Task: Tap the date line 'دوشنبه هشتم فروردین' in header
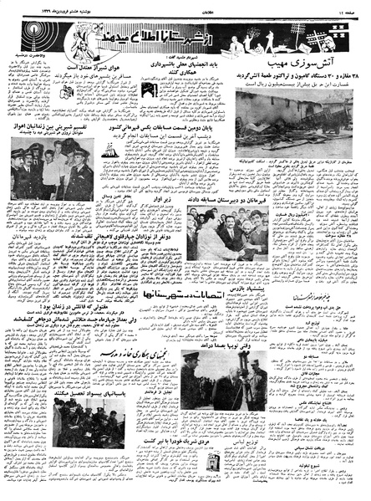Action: pos(38,6)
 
